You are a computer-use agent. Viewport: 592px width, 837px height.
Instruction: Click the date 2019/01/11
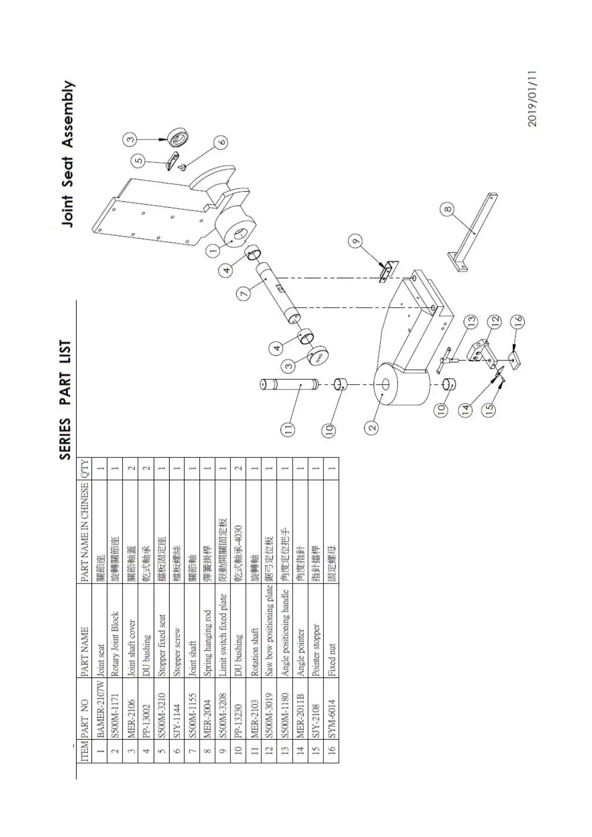coord(532,99)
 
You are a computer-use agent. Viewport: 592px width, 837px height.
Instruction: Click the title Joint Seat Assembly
coord(68,155)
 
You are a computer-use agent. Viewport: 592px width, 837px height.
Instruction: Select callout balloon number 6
coord(221,142)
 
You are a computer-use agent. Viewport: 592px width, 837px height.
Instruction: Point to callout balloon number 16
coord(518,321)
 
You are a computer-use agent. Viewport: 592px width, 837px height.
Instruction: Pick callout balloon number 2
coord(371,426)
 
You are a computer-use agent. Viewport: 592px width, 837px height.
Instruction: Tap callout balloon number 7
coord(244,294)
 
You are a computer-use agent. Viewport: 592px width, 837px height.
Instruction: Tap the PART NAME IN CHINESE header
coord(85,531)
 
